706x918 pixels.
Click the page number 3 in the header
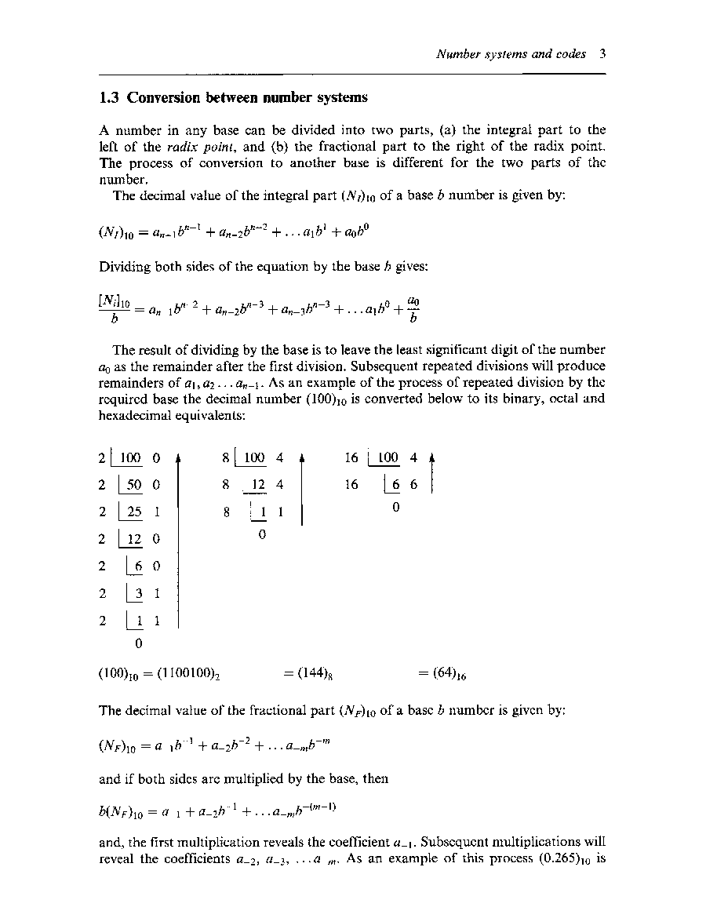click(x=602, y=55)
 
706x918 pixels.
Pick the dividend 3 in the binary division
click(x=136, y=594)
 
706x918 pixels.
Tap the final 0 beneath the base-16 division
click(x=396, y=508)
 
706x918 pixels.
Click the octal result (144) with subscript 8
click(x=314, y=673)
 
